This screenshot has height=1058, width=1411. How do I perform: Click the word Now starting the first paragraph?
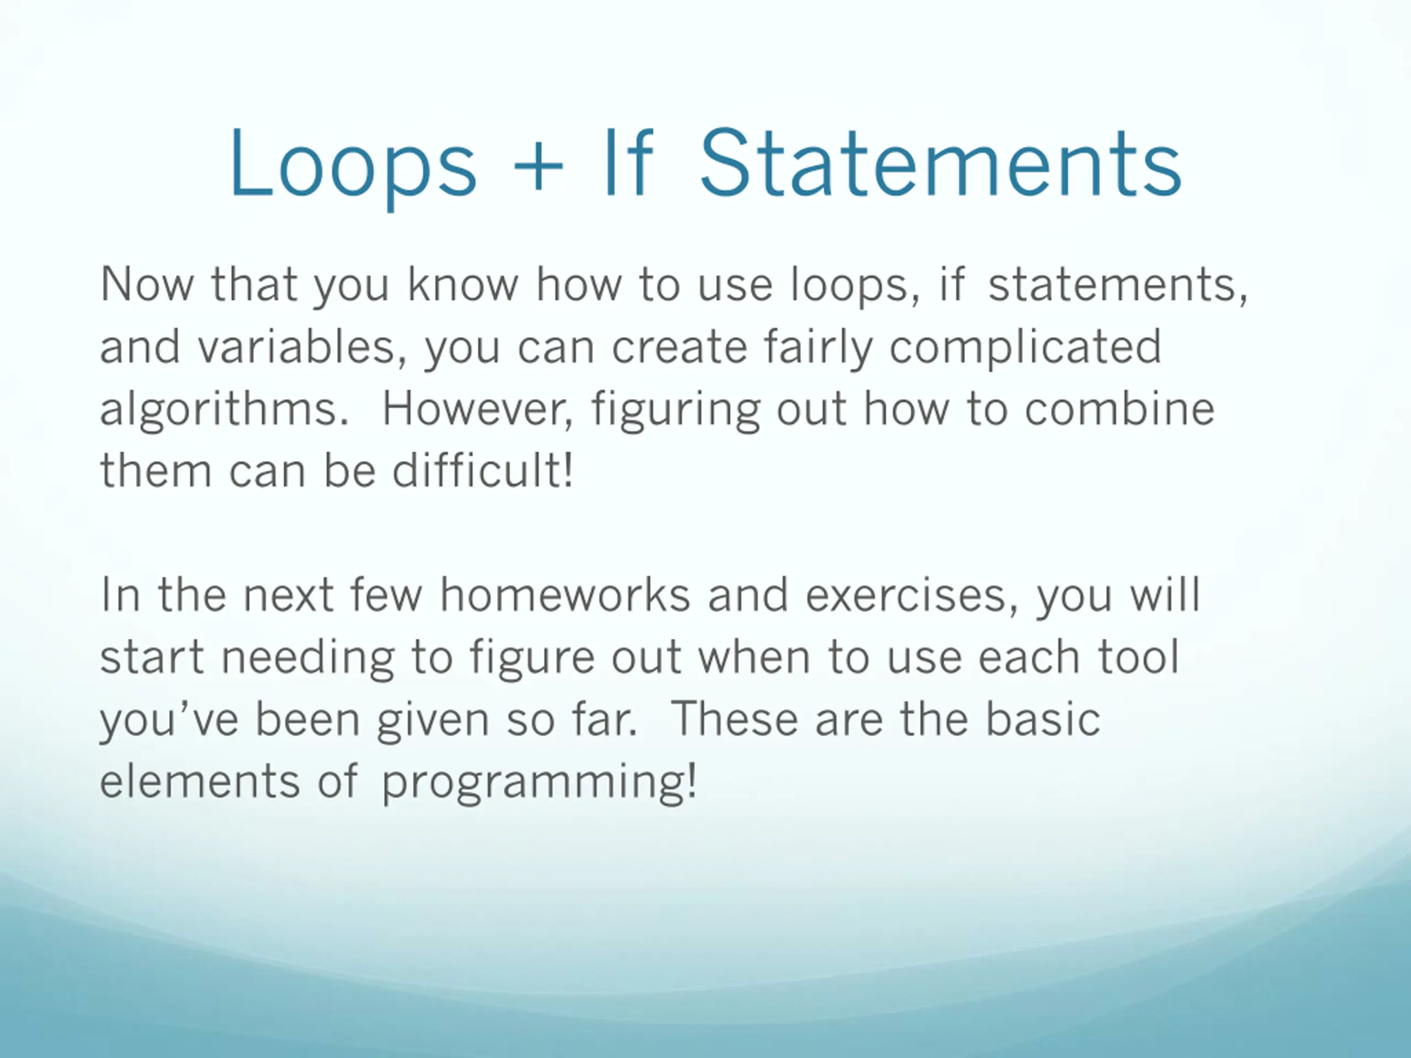(x=147, y=284)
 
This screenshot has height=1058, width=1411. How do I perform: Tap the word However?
(x=478, y=408)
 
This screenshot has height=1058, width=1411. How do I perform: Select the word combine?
(x=1119, y=408)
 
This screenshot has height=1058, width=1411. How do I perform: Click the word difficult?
(x=482, y=470)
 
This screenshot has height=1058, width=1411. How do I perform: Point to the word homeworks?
(x=565, y=595)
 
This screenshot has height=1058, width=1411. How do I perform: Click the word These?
(x=735, y=719)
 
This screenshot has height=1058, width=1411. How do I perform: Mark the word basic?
(x=1043, y=719)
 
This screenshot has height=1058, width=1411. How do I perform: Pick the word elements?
(x=200, y=781)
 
